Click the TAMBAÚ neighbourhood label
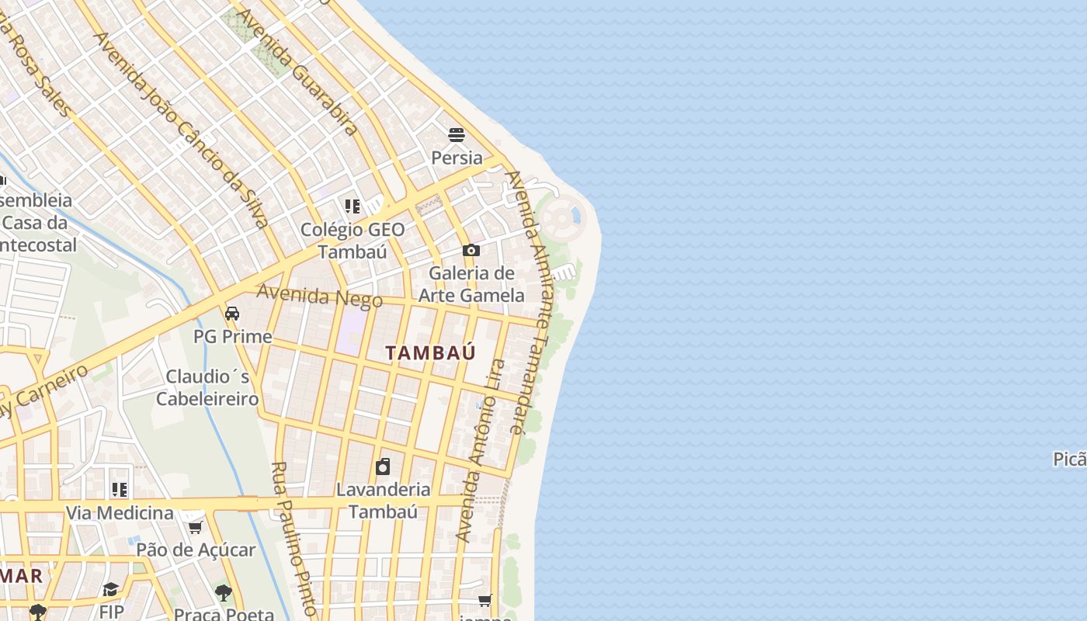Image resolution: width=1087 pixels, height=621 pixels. click(430, 353)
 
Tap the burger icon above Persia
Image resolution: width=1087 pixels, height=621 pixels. click(457, 135)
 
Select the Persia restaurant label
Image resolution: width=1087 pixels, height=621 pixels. click(457, 158)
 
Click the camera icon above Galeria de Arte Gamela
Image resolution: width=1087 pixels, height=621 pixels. click(471, 250)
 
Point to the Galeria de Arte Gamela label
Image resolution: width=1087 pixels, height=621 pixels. click(471, 284)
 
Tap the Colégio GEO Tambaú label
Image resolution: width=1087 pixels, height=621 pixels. click(352, 241)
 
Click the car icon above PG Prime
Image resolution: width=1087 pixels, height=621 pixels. click(231, 314)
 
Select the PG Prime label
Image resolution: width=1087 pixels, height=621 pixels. click(233, 337)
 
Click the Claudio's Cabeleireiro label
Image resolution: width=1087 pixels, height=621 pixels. click(207, 387)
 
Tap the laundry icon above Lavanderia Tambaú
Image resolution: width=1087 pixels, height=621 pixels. click(383, 467)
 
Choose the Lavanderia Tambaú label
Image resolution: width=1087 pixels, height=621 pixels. click(383, 500)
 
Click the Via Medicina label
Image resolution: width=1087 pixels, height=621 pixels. click(120, 513)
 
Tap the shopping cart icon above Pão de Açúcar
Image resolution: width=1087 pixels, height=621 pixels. click(195, 528)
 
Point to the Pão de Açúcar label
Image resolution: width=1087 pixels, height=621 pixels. click(196, 550)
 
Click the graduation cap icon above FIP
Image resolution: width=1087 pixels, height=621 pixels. click(111, 589)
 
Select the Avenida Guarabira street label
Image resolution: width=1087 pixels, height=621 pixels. click(297, 71)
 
